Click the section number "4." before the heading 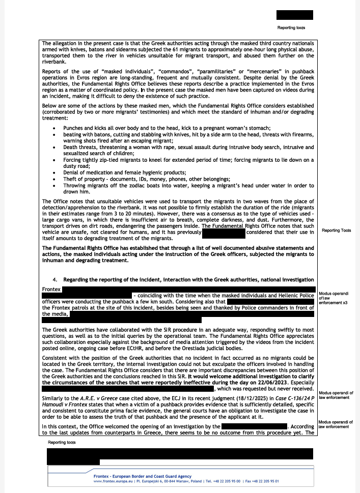(55, 280)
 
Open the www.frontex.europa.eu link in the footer (113, 481)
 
